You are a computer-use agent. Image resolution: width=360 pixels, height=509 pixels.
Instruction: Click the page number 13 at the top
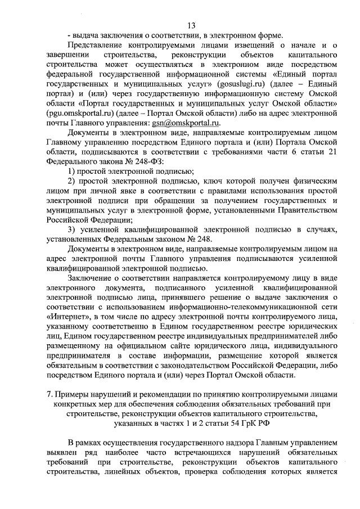coord(191,25)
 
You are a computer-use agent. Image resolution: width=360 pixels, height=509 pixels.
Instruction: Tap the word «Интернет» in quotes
coord(66,318)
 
